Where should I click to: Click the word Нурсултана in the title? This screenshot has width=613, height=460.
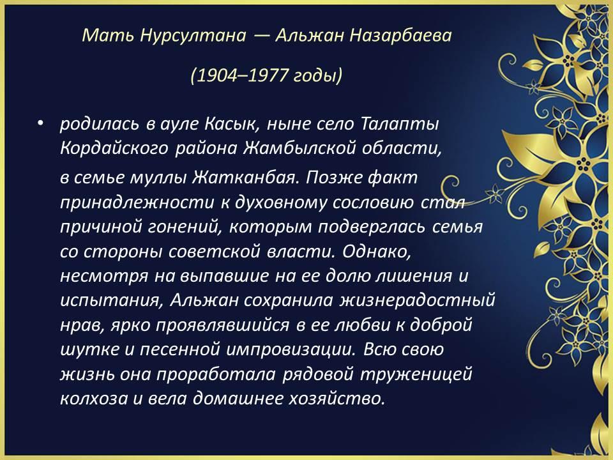coord(193,36)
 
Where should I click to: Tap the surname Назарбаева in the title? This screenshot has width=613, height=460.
coord(400,36)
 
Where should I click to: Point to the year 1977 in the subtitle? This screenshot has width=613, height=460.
coord(268,75)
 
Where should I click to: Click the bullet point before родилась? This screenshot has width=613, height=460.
coord(40,124)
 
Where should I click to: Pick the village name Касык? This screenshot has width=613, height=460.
coord(232,125)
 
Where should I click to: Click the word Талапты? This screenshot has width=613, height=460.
coord(400,124)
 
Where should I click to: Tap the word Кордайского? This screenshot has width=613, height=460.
coord(114,149)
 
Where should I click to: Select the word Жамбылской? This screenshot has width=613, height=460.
coord(299,148)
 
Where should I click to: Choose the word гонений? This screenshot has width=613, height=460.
coord(184,227)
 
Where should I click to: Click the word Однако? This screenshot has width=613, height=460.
coord(377,252)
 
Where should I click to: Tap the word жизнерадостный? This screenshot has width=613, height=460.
coord(418,301)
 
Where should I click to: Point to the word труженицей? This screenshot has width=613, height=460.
coord(416,374)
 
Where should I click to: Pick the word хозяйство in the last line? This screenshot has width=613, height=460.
coord(337,399)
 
